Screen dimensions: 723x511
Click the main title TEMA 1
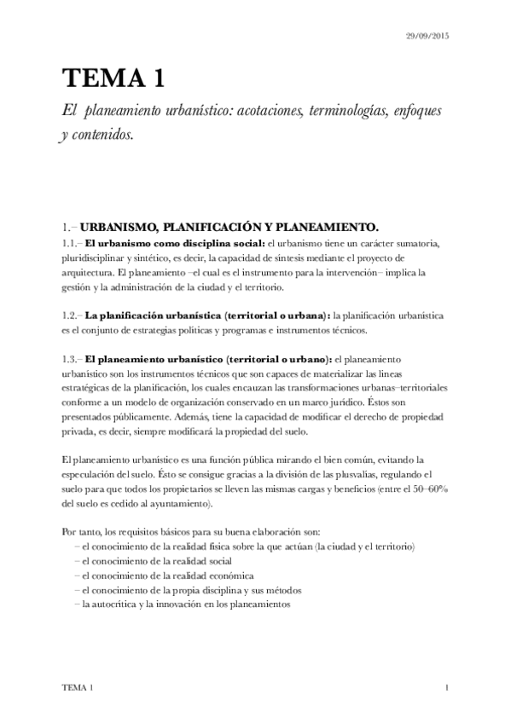pos(112,78)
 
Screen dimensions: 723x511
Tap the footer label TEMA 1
pos(78,687)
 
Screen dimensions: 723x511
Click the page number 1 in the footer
pos(447,687)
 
